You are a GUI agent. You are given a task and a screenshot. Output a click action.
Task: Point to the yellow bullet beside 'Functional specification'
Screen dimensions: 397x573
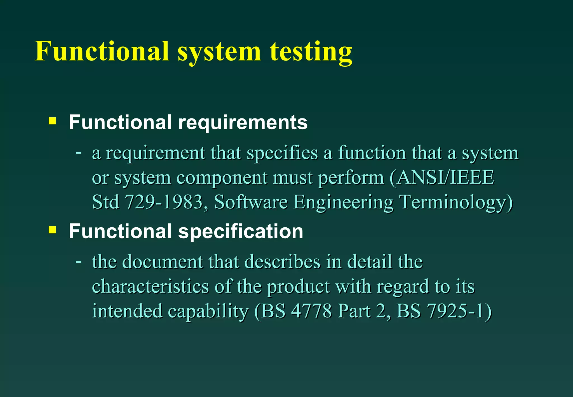(x=52, y=230)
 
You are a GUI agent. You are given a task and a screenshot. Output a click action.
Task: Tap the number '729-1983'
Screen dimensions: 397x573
(x=164, y=202)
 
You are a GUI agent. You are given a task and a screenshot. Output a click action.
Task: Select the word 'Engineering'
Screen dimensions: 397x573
(x=343, y=202)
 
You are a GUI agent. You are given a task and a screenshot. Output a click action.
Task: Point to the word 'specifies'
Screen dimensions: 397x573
(x=282, y=153)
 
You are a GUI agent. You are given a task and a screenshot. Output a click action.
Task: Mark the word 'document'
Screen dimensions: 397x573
(x=163, y=262)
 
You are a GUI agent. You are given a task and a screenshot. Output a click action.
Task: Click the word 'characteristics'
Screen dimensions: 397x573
(x=150, y=286)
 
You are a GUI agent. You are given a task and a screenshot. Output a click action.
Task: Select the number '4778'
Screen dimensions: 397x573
(x=311, y=311)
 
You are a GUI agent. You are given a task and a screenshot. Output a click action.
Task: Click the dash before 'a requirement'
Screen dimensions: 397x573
(x=79, y=153)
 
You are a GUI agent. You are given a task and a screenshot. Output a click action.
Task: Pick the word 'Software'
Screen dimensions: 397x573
(x=251, y=202)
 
